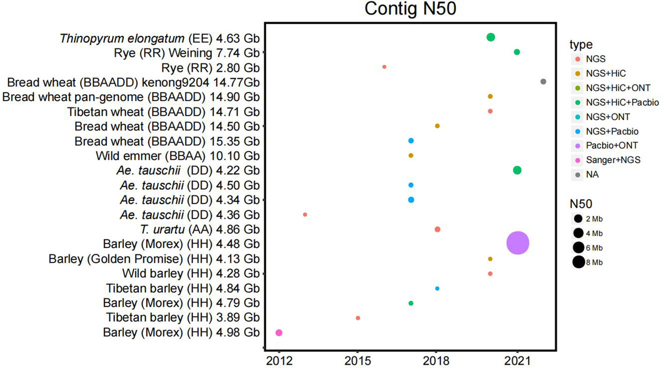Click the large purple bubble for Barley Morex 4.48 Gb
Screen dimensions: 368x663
coord(518,243)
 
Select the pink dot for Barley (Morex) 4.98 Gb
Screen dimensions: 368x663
coord(279,333)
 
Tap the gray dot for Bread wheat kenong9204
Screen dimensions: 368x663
coord(543,81)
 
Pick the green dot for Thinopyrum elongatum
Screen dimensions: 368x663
coord(491,37)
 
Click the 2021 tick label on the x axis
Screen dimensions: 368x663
coord(517,360)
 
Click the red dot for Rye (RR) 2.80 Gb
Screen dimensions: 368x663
coord(385,66)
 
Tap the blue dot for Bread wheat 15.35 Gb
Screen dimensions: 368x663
coord(411,141)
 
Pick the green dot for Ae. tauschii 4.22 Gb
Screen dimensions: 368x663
coord(517,170)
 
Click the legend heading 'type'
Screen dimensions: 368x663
coord(582,44)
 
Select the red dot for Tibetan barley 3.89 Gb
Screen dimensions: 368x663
coord(358,318)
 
